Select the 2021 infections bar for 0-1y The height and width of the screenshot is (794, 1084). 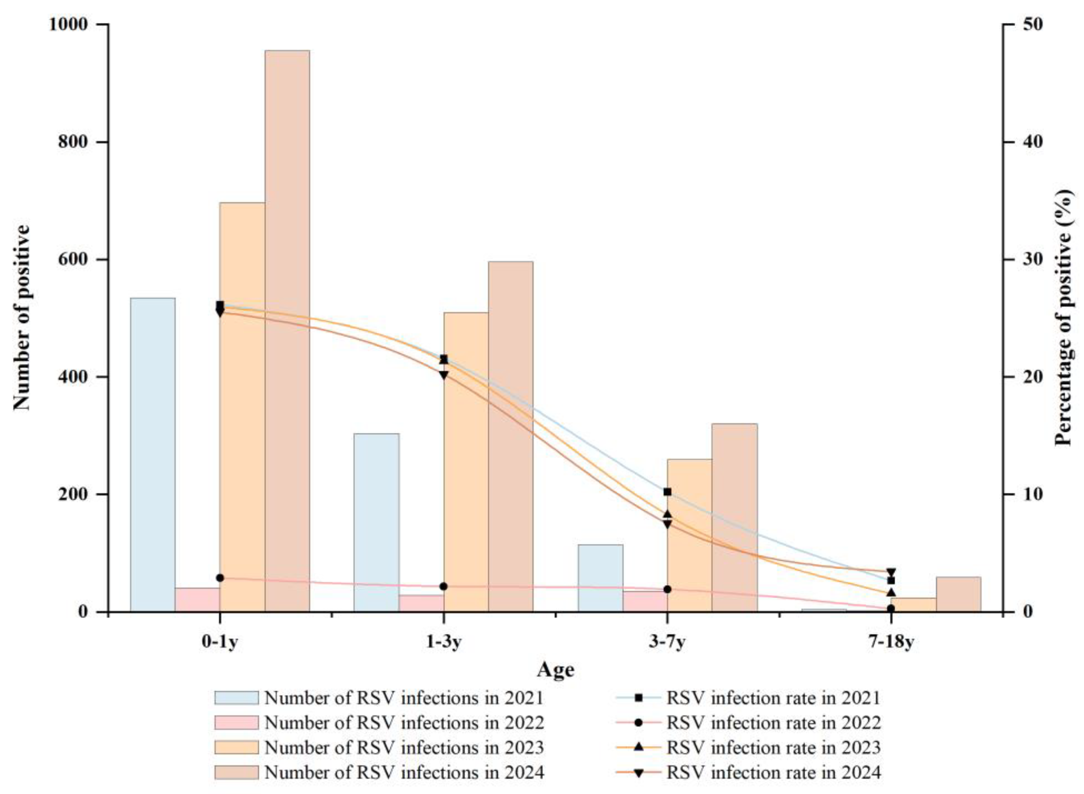153,454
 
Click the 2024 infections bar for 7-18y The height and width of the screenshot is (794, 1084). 958,594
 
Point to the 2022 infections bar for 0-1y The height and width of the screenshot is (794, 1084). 197,599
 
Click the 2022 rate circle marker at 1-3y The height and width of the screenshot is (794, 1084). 444,586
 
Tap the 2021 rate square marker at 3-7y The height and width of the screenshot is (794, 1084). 667,492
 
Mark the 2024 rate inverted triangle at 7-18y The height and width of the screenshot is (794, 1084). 891,572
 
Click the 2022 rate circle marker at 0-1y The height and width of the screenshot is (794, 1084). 220,578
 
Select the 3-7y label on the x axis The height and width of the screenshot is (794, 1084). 667,643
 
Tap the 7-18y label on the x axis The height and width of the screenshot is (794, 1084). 891,643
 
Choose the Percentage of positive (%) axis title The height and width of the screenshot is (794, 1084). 1064,317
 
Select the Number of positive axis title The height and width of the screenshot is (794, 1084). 21,317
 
